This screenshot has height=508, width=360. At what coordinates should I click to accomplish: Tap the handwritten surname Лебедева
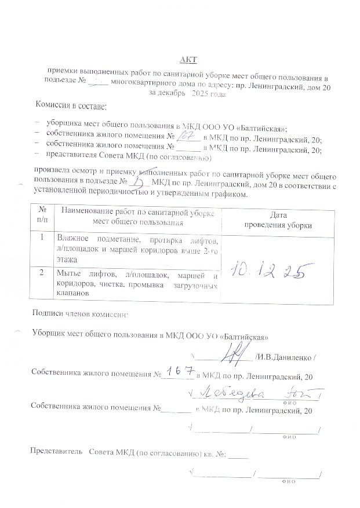coord(232,394)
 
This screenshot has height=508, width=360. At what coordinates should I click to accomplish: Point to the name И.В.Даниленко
coord(287,363)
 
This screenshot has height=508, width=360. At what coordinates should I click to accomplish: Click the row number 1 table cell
coord(42,237)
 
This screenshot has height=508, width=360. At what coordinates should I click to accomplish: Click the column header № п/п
coord(42,215)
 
